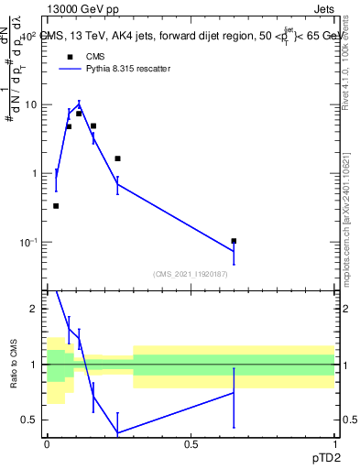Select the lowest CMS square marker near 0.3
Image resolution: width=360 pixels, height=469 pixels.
[56, 206]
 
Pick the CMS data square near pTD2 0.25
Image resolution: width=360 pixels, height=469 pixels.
[117, 158]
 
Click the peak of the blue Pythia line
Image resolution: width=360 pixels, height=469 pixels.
[80, 103]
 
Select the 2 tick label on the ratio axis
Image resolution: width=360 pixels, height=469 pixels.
[34, 309]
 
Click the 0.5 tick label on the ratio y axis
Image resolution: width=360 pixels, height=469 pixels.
[30, 420]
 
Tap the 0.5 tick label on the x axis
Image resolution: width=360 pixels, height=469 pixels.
[191, 443]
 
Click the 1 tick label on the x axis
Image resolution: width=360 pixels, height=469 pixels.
[334, 443]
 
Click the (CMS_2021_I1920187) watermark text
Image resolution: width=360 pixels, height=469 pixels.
[191, 274]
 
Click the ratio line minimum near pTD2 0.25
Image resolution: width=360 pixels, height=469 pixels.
[117, 432]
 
